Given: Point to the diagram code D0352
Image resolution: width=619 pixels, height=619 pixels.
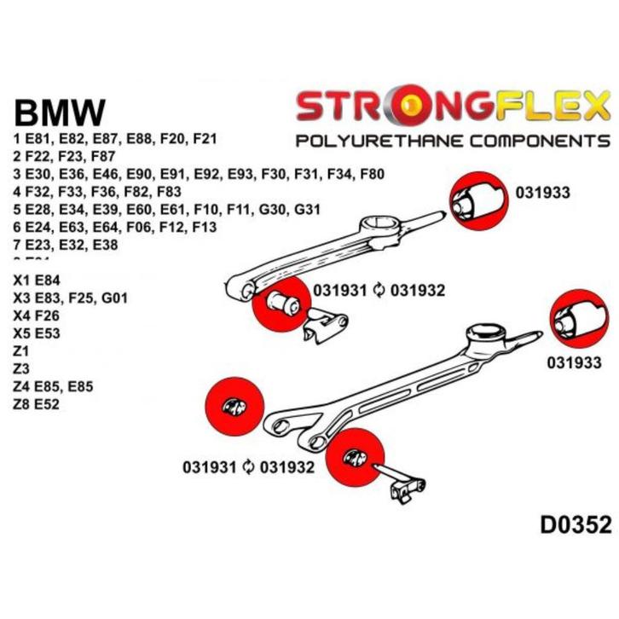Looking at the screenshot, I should coord(576,525).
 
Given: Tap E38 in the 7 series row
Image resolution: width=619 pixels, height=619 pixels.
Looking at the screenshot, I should coord(120,246).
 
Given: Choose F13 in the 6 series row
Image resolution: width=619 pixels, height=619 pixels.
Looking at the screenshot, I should coord(200,228).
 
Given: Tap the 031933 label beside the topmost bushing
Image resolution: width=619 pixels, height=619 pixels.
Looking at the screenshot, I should coord(544,194).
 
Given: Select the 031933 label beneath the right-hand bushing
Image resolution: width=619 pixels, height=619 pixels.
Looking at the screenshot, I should coord(574,362).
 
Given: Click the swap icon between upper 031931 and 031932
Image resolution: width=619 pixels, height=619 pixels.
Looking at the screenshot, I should coord(380,291).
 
